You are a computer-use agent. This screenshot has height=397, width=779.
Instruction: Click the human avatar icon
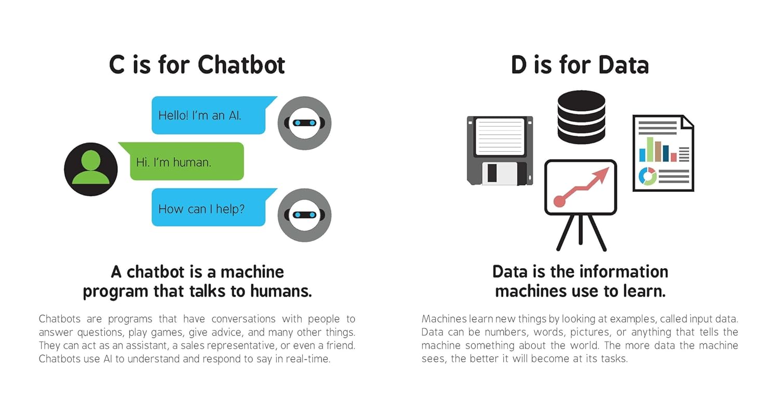click(91, 169)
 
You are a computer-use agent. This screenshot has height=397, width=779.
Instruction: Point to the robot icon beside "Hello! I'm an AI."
click(304, 123)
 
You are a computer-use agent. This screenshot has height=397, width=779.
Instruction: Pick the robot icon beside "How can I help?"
click(304, 215)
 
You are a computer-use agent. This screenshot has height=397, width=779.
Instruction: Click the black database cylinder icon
click(581, 117)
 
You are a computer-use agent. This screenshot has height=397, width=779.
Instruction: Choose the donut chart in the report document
click(648, 176)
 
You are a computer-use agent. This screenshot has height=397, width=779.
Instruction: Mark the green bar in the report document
click(650, 149)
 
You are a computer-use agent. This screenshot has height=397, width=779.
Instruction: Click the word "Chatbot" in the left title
click(241, 65)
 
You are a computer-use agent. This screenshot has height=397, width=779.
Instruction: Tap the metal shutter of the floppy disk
click(500, 173)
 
